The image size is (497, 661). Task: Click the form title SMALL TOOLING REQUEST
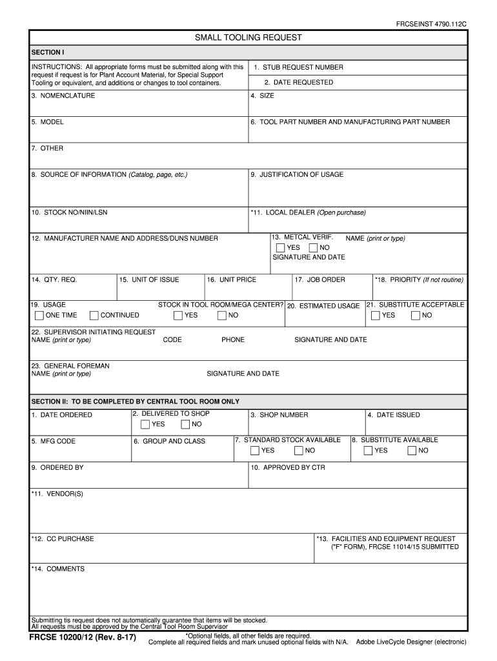pyautogui.click(x=249, y=37)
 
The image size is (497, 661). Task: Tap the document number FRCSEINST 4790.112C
pyautogui.click(x=431, y=23)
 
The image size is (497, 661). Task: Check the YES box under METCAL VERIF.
pyautogui.click(x=280, y=248)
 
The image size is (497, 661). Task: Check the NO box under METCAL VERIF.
pyautogui.click(x=313, y=248)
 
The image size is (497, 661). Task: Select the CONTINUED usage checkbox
pyautogui.click(x=94, y=316)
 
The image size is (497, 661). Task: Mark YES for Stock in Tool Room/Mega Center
pyautogui.click(x=178, y=316)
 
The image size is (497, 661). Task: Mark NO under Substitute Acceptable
pyautogui.click(x=416, y=316)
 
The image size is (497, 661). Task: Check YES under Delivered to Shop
pyautogui.click(x=145, y=424)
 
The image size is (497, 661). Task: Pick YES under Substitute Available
pyautogui.click(x=368, y=451)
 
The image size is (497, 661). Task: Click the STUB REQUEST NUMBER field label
pyautogui.click(x=298, y=67)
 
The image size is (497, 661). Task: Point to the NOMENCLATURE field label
pyautogui.click(x=63, y=96)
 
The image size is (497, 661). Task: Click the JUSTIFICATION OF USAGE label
pyautogui.click(x=297, y=174)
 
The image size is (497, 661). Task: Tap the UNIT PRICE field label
pyautogui.click(x=231, y=280)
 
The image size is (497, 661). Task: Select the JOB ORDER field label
pyautogui.click(x=320, y=280)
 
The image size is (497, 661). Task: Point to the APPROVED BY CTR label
pyautogui.click(x=288, y=467)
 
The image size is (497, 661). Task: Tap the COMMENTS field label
pyautogui.click(x=58, y=569)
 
